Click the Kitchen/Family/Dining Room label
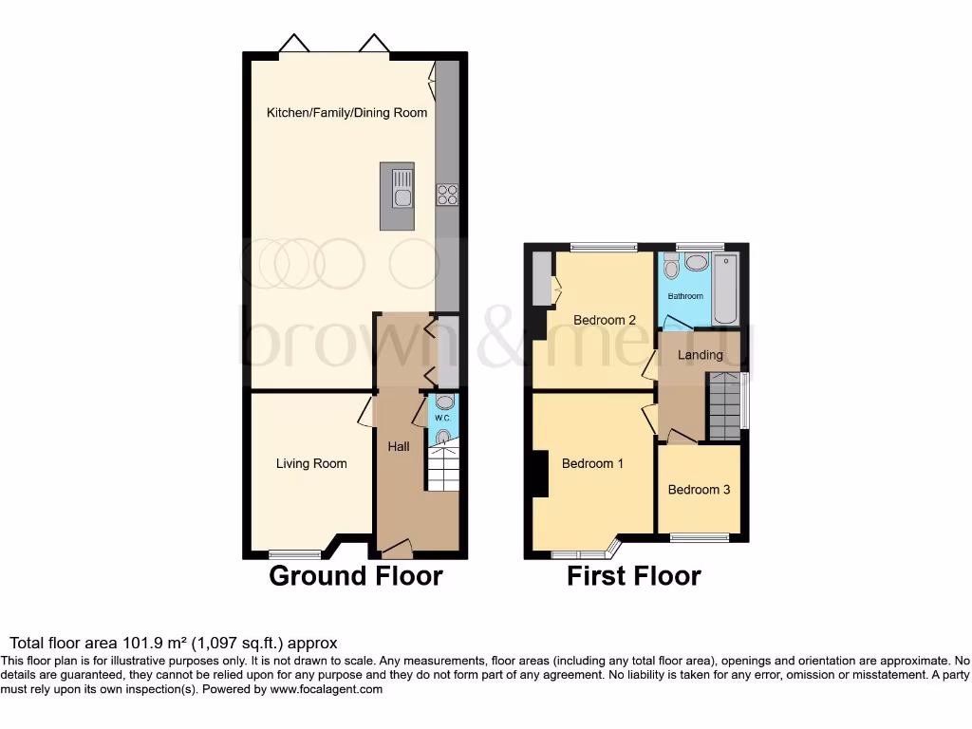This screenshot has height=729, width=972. pos(346,113)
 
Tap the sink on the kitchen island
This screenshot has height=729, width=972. pos(402,196)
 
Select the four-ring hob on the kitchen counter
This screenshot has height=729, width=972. pos(446,195)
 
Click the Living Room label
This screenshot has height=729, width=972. pos(311,463)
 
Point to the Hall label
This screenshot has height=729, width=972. pos(399,445)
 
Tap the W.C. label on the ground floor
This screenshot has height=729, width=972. pos(442,419)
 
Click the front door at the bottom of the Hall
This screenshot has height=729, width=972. pos(395,548)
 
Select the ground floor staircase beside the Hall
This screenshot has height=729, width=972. pos(442,468)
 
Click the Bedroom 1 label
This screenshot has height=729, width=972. pos(592,463)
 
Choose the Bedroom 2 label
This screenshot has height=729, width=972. pos(605,320)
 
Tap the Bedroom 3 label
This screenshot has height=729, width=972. pos(699,490)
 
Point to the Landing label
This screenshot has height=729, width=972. pos(701,355)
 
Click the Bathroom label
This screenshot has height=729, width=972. pos(685,296)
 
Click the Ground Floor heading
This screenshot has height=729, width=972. pos(356,576)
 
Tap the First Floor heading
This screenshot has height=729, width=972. pos(634,576)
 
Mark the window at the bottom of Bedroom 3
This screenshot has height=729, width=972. pos(701,538)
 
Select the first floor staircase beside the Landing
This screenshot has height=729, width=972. pos(725,406)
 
